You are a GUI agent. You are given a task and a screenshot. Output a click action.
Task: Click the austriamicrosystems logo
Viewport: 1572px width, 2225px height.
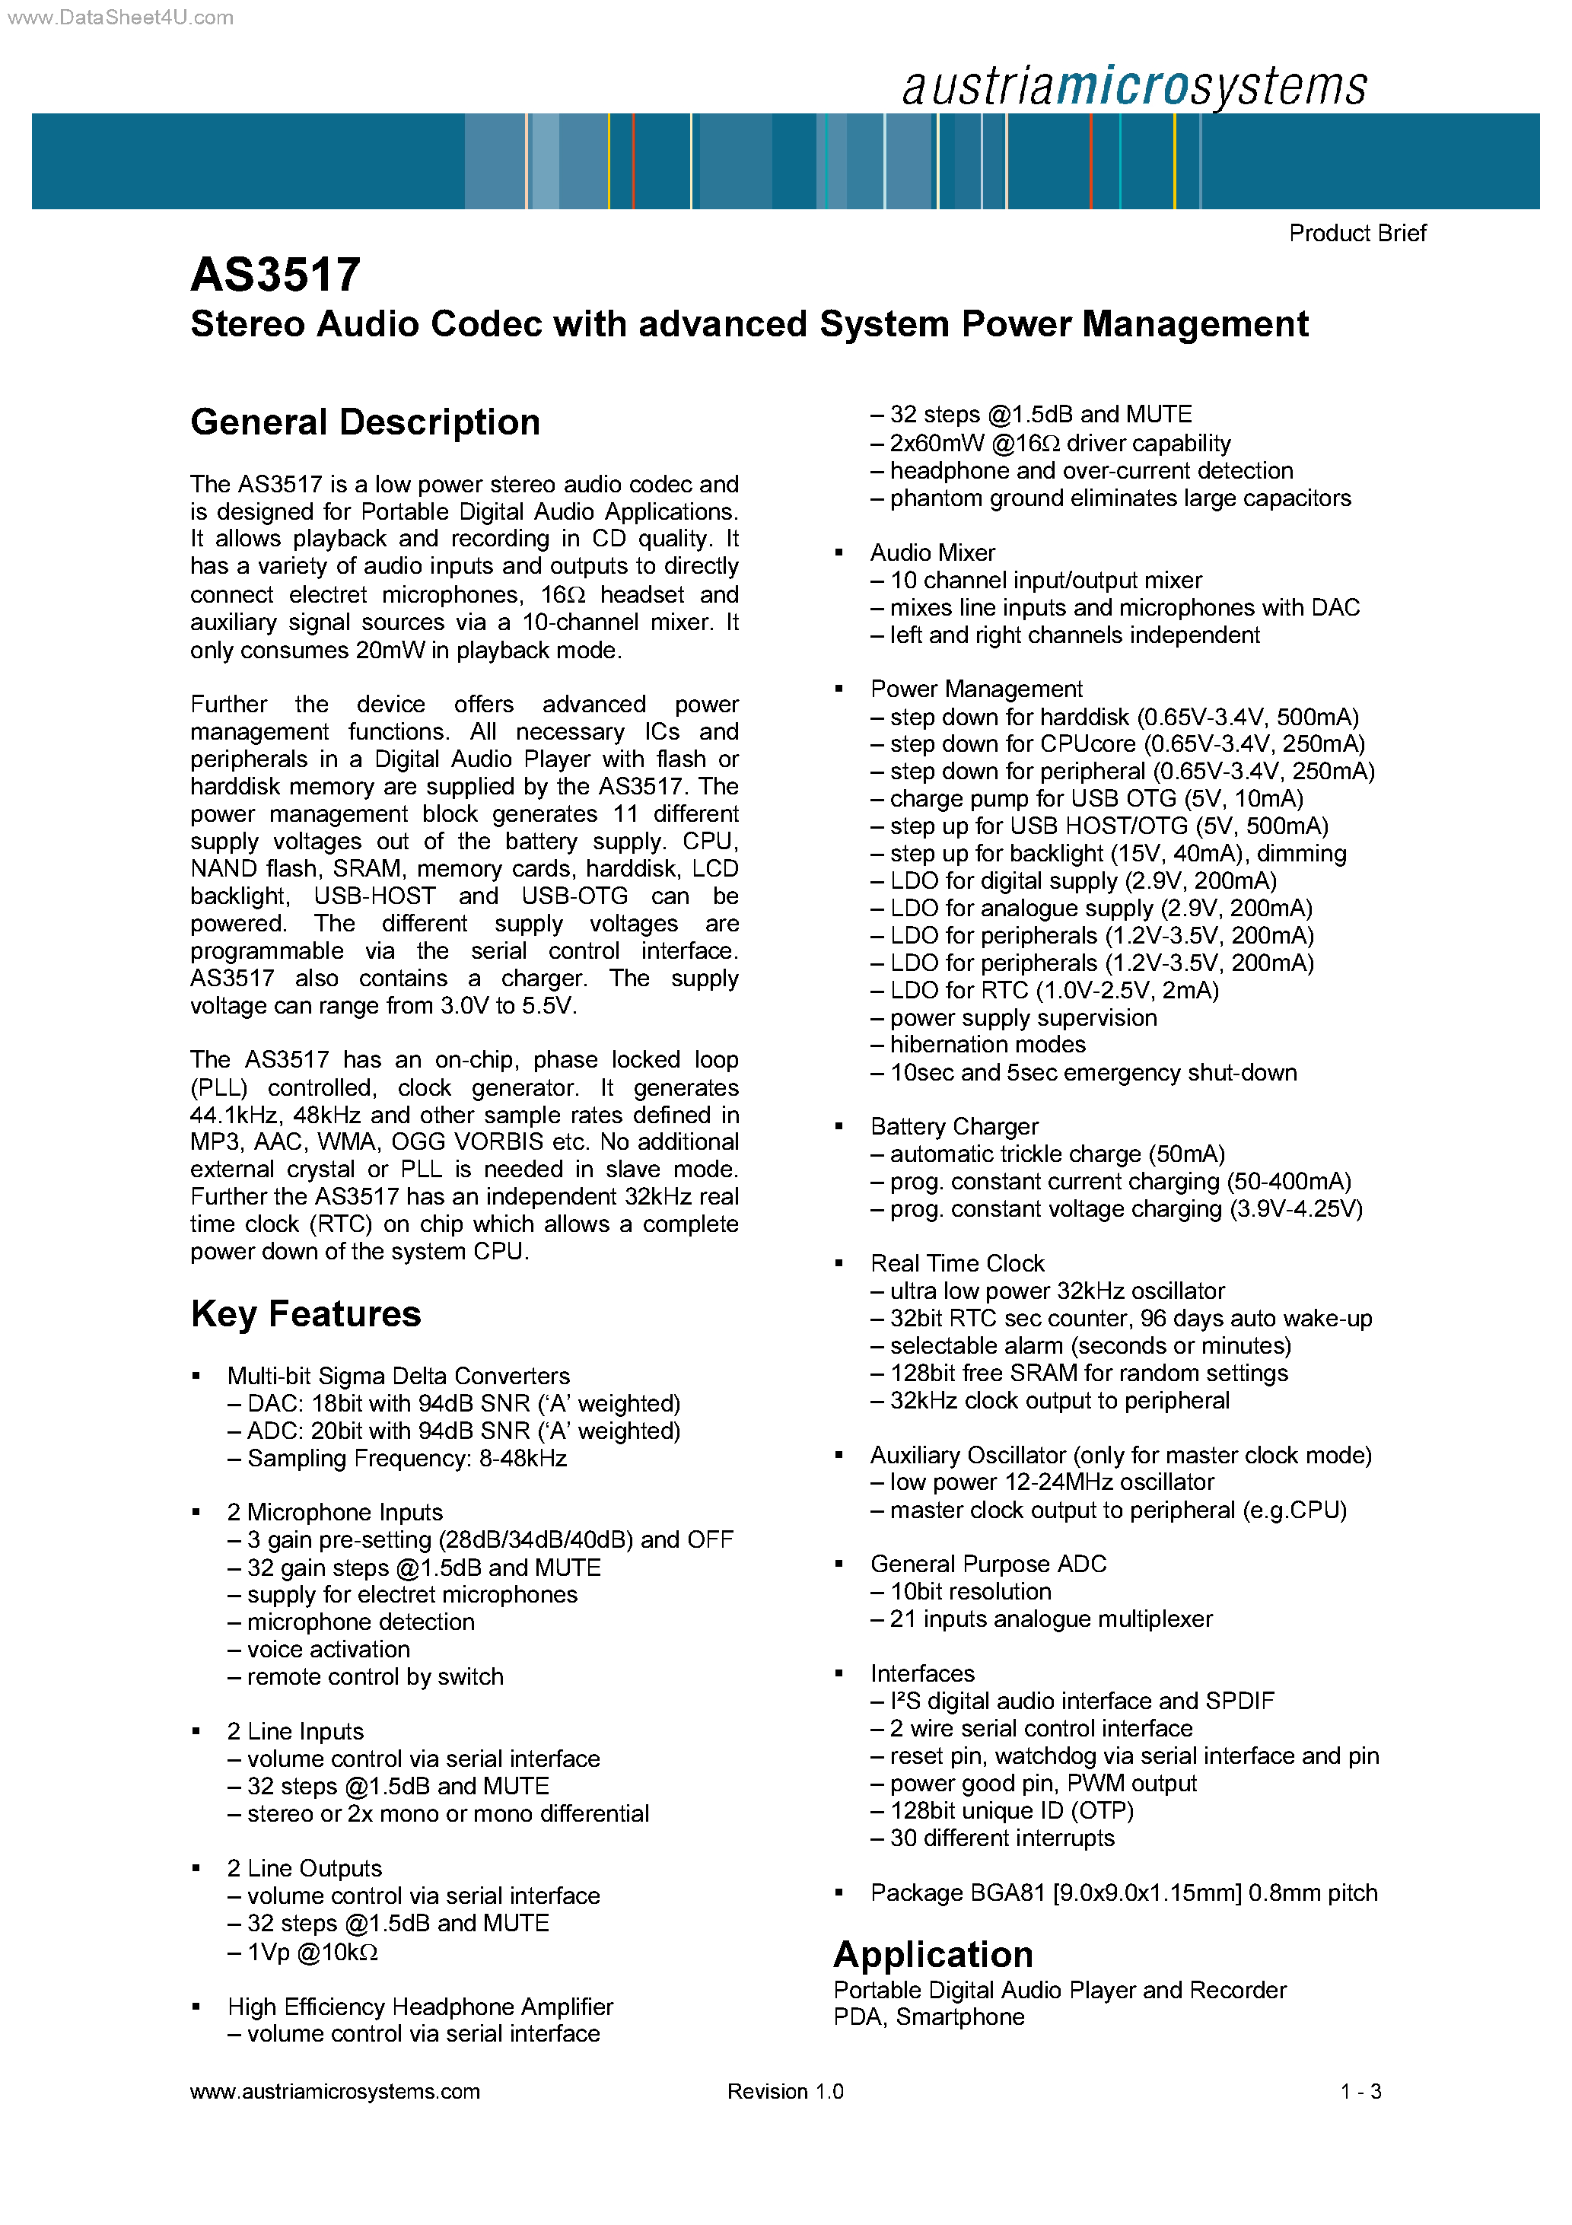(x=1133, y=86)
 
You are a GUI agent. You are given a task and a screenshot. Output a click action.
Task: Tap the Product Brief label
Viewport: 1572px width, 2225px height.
(x=1356, y=234)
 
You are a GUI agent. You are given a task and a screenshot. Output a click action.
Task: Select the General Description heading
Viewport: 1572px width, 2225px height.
(x=364, y=422)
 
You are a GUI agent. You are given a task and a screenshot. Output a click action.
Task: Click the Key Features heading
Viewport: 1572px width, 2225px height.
(x=305, y=1314)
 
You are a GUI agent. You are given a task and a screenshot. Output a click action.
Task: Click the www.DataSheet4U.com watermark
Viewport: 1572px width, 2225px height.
(x=120, y=18)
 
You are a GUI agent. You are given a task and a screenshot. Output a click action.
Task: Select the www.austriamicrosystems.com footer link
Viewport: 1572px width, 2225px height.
(x=334, y=2091)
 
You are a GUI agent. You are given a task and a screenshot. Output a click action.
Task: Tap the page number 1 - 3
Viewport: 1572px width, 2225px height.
(x=1360, y=2091)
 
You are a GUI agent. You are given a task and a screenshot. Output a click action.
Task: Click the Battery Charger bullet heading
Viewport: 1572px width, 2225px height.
(x=953, y=1126)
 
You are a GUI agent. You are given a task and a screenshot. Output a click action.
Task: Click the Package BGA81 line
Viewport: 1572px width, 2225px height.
(x=1122, y=1892)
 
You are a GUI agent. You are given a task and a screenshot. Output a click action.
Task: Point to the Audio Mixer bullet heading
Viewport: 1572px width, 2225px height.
(x=931, y=552)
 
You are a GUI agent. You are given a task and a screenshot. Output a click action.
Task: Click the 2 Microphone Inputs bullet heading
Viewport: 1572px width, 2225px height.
(x=334, y=1512)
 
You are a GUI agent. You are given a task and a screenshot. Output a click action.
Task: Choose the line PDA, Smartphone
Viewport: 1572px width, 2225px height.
(x=928, y=2017)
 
